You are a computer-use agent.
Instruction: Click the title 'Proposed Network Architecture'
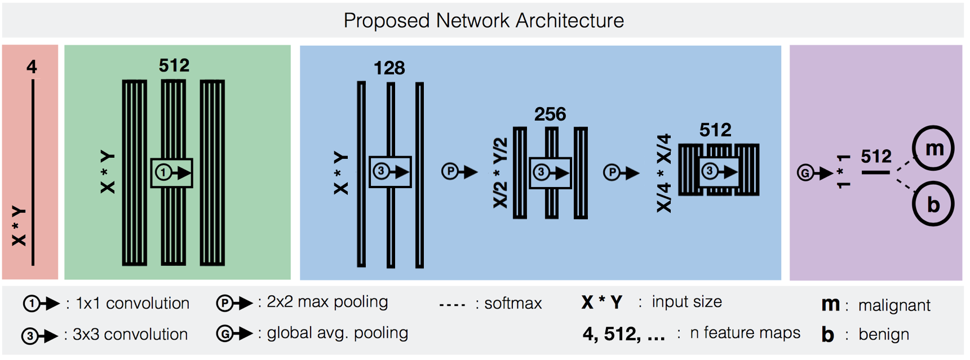point(484,21)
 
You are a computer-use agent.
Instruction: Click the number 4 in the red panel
point(32,67)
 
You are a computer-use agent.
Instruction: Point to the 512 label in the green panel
point(174,65)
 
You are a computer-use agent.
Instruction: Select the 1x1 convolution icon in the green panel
point(172,172)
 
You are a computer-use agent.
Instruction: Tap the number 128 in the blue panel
point(389,68)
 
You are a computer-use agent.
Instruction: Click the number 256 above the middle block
point(550,114)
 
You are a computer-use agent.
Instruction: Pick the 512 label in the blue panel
point(715,130)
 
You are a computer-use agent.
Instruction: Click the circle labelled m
point(933,148)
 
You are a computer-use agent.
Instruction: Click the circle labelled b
point(933,204)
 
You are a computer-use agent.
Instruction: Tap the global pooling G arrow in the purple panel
point(814,173)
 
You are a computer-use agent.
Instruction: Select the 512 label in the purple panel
point(876,156)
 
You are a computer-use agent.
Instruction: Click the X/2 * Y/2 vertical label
point(500,173)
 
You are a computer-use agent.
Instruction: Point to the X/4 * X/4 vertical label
point(664,173)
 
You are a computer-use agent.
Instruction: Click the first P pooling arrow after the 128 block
point(459,171)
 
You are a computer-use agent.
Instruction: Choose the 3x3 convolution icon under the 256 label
point(551,172)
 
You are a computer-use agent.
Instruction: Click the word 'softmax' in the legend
point(513,304)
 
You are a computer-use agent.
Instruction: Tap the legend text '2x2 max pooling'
point(327,302)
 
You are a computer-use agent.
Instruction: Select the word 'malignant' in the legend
point(894,305)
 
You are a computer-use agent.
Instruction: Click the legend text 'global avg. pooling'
point(337,333)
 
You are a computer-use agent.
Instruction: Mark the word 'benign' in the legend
point(883,335)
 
